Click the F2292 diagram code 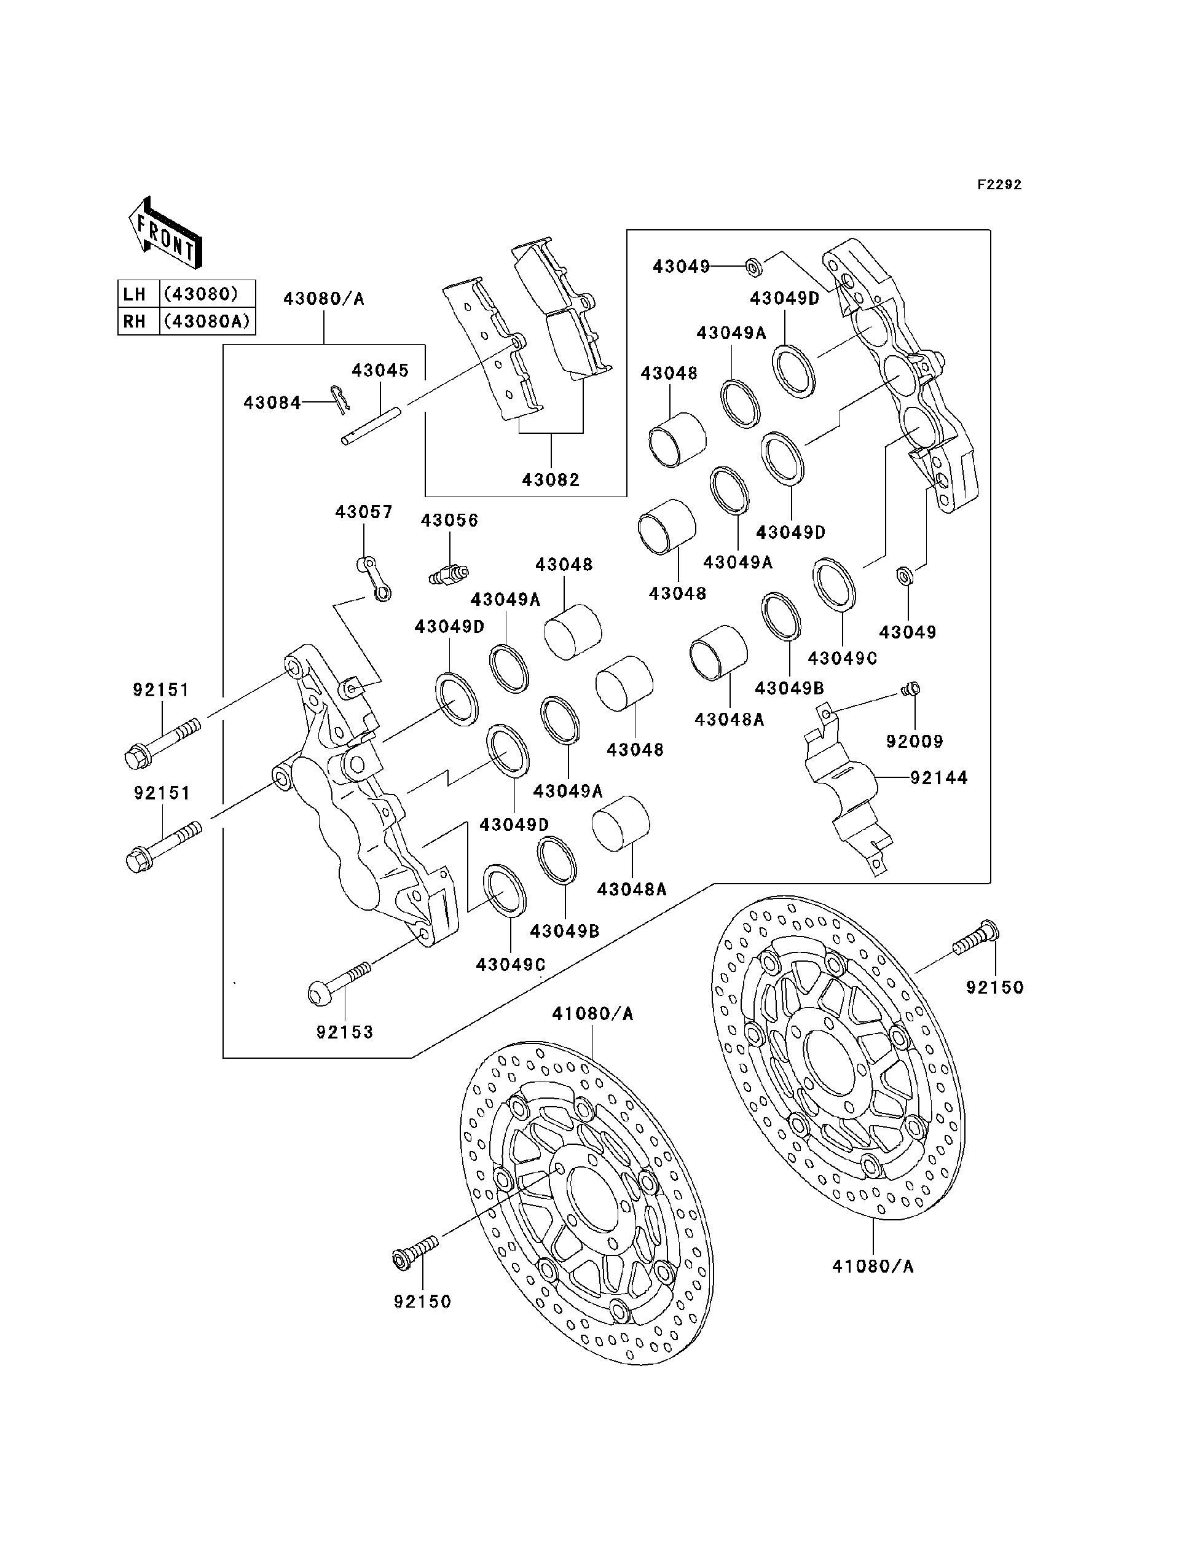999,185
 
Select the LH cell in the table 134,294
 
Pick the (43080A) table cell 206,321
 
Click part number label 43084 272,403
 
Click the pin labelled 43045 371,426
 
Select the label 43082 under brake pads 551,481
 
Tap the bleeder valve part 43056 448,575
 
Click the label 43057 363,512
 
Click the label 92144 939,778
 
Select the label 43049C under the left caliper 511,965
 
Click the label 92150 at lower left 422,1302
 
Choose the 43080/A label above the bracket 324,299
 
